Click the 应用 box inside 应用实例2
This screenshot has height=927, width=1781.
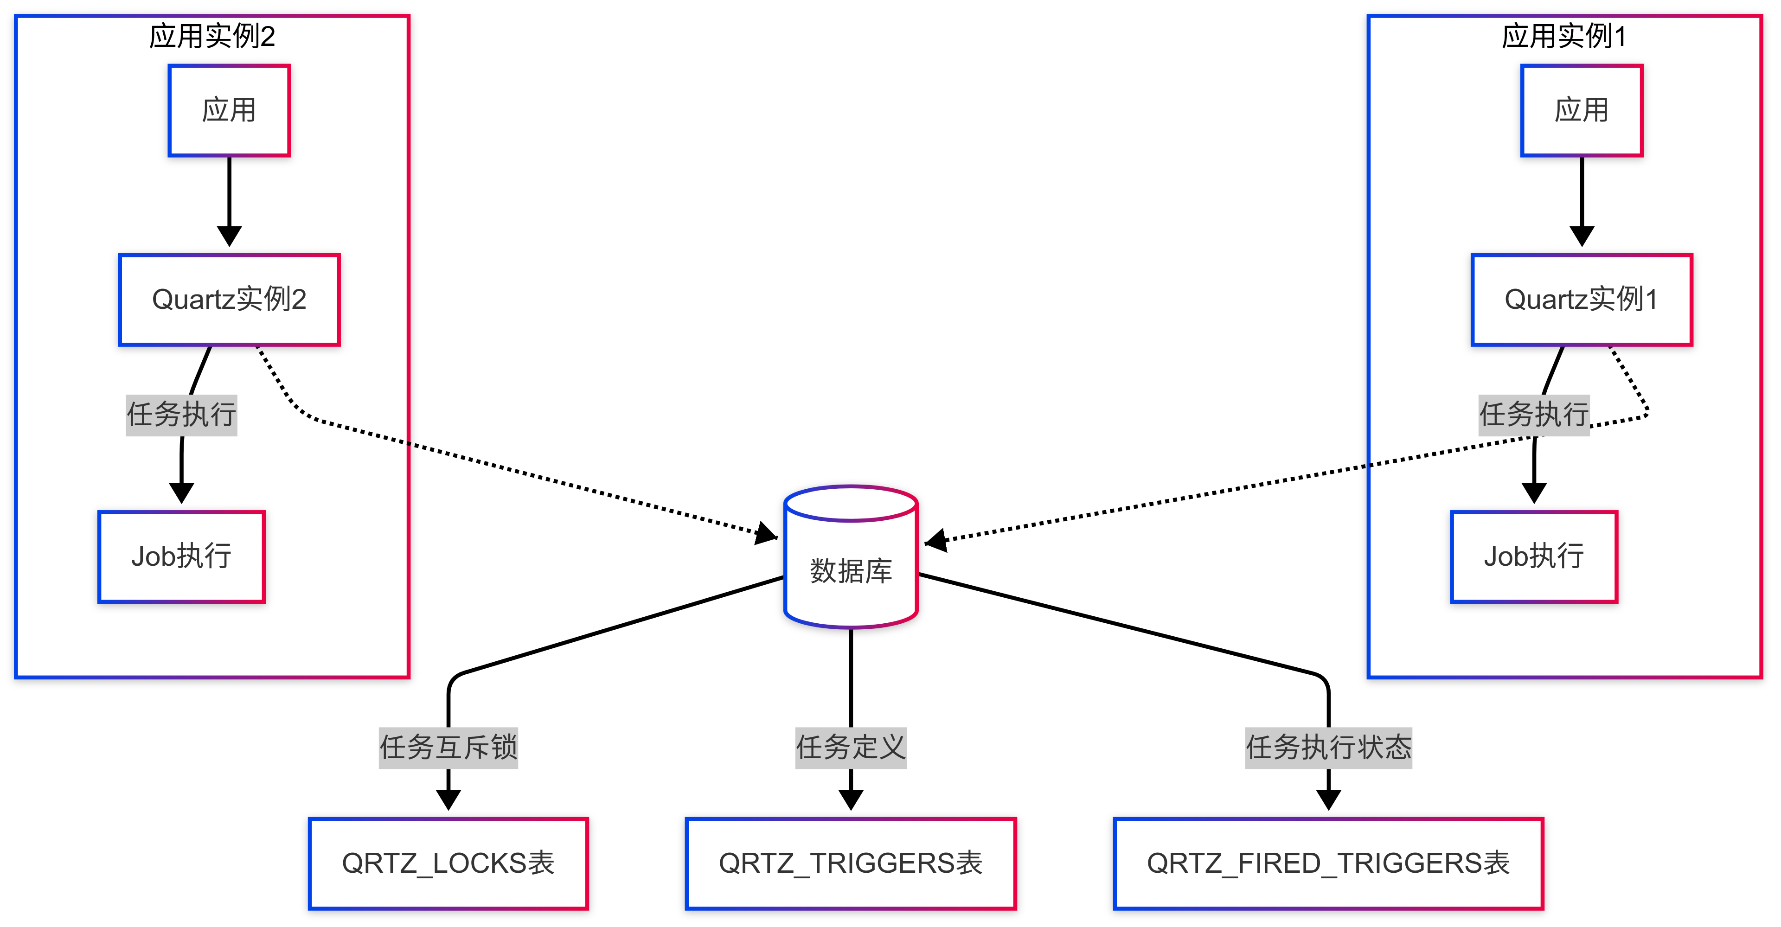coord(229,111)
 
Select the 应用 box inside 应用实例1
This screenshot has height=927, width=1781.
coord(1581,111)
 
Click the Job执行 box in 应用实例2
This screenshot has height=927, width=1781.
coord(181,556)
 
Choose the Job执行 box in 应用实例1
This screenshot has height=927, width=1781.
coord(1533,556)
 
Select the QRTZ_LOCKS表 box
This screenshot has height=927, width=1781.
coord(448,863)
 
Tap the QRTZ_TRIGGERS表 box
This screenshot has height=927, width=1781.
coord(851,863)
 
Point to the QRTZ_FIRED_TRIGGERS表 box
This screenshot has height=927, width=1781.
coord(1328,863)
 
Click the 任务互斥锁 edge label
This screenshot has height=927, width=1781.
coord(448,747)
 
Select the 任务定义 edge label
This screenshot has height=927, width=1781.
coord(851,747)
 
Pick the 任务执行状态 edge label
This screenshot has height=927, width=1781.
coord(1328,747)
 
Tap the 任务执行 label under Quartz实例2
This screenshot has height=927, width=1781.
coord(181,415)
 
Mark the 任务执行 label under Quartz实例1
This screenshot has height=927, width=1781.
coord(1533,415)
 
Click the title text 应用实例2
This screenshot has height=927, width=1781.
coord(212,36)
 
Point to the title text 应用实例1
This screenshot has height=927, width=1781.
coord(1564,36)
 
